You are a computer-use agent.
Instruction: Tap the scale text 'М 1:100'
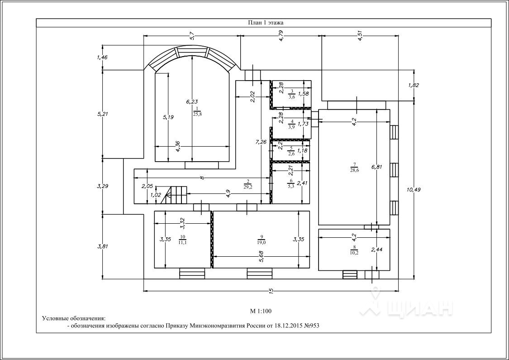coord(261,311)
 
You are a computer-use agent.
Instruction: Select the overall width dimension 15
coord(271,291)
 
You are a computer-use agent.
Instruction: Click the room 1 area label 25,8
coord(198,114)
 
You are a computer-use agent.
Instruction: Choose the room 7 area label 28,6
coord(354,170)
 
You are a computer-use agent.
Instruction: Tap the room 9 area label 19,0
coord(262,242)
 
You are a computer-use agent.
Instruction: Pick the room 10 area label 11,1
coord(182,243)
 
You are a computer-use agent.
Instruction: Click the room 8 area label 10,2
coord(354,253)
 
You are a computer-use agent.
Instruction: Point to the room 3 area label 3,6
coord(292,96)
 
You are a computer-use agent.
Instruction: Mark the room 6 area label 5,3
coord(291,185)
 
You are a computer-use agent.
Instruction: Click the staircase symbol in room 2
coord(176,195)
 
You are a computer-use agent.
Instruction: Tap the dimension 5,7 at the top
coord(192,36)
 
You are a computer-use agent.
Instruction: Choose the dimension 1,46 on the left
coord(102,58)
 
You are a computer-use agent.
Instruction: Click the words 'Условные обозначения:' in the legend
coord(73,318)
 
